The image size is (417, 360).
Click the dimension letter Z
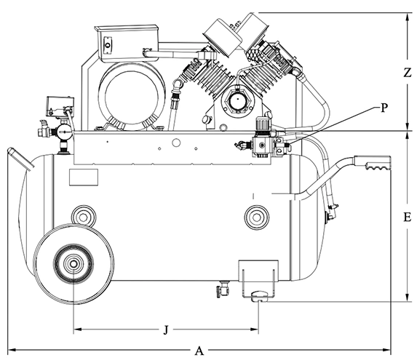click(407, 72)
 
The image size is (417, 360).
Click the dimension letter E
click(407, 217)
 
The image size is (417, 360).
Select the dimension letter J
click(166, 329)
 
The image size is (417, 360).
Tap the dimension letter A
click(199, 351)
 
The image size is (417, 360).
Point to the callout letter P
click(384, 108)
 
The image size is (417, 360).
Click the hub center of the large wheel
click(73, 264)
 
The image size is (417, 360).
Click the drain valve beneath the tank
click(223, 289)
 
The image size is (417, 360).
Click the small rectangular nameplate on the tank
click(84, 177)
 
